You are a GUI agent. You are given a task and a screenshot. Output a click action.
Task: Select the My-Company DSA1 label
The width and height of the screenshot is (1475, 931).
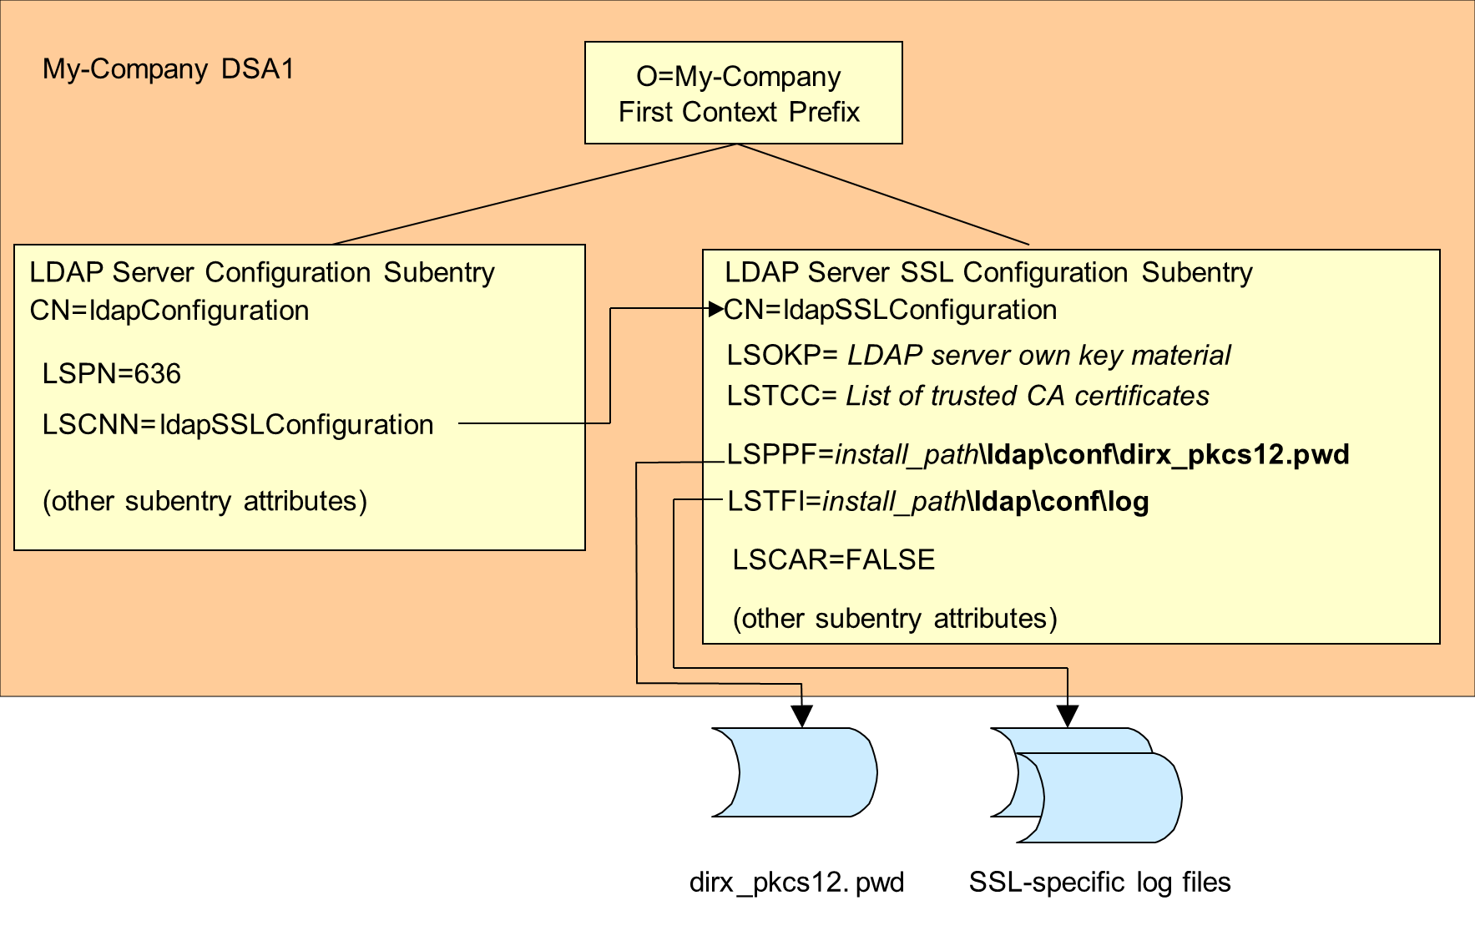point(168,68)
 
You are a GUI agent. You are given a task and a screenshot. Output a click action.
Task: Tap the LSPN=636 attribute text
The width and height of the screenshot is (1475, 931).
point(111,373)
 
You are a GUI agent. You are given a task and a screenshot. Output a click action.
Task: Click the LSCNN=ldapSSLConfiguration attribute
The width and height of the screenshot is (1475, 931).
point(238,424)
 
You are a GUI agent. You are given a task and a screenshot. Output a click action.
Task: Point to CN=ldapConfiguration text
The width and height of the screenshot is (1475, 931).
point(169,311)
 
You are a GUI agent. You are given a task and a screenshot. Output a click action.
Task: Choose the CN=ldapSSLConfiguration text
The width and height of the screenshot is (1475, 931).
point(891,310)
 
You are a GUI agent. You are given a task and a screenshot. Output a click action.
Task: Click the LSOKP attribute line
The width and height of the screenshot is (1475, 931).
point(978,355)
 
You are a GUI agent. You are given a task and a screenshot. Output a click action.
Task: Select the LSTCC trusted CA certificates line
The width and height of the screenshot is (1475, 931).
point(967,396)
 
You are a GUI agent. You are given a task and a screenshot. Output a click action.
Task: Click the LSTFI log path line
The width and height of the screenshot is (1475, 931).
point(937,502)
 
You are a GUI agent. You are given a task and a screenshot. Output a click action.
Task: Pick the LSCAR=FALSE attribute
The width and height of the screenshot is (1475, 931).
point(833,559)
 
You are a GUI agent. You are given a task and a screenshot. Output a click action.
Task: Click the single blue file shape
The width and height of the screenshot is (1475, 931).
point(795,772)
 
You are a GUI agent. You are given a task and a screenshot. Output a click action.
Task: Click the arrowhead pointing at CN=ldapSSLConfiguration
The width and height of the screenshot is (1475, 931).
point(715,309)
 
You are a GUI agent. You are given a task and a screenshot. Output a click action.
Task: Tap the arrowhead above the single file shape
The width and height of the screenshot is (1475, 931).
point(801,716)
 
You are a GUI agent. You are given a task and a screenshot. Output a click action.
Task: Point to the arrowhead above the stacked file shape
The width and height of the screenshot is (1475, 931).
point(1068,716)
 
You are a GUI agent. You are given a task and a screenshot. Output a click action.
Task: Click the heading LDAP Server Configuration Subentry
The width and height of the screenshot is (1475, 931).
point(262,272)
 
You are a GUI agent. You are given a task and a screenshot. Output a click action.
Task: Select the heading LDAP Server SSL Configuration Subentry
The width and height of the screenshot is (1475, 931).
point(988,272)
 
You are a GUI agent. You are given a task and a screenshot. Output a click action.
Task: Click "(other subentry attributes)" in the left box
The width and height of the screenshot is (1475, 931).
point(205,501)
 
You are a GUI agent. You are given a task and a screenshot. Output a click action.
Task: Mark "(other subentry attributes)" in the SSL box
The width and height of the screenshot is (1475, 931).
point(895,619)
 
